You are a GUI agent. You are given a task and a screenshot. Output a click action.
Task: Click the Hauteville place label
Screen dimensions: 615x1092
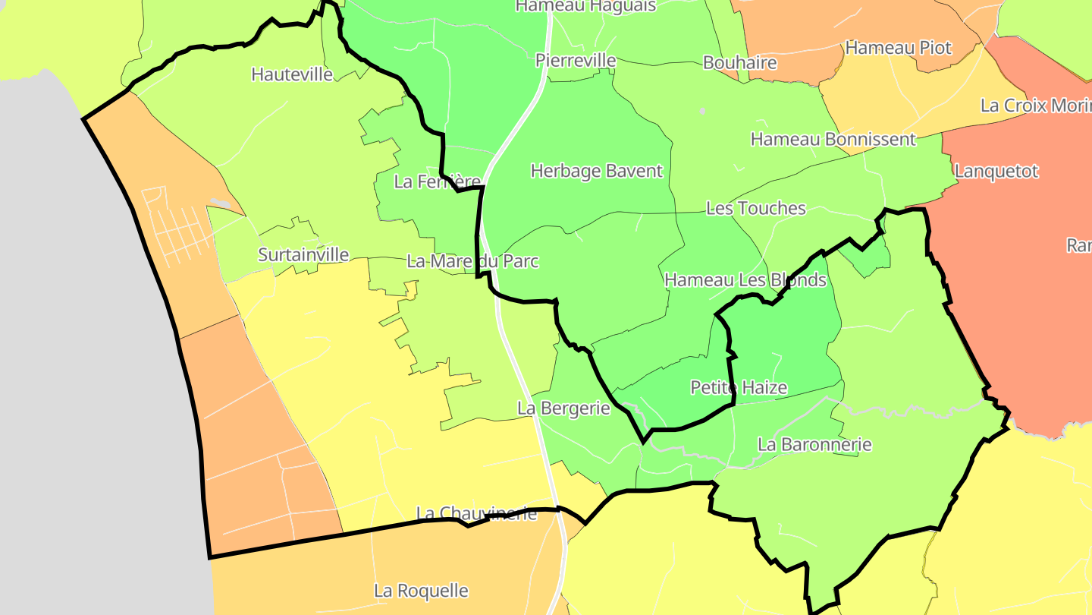coord(292,74)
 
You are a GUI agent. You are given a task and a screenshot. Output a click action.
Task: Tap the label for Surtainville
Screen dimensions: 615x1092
coord(303,254)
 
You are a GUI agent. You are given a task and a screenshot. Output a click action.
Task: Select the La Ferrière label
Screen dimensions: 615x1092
coord(438,182)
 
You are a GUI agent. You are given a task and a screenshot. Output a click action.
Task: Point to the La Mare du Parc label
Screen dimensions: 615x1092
coord(472,262)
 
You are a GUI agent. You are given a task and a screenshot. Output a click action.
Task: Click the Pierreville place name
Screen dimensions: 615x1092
coord(576,61)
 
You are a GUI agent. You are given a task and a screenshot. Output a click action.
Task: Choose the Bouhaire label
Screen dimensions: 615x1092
coord(740,63)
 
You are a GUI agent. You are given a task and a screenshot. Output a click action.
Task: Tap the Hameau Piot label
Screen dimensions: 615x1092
coord(898,48)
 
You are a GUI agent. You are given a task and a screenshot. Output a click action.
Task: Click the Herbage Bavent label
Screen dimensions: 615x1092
coord(597,172)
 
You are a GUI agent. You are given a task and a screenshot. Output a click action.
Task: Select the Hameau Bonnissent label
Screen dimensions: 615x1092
coord(833,140)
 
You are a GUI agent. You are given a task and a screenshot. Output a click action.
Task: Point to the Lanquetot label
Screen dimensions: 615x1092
coord(996,172)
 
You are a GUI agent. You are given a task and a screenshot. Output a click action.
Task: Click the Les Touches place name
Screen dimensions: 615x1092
coord(755,208)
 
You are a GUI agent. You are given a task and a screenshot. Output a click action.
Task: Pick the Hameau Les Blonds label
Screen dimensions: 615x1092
coord(745,280)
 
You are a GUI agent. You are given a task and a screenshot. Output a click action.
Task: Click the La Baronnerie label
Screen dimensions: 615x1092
coord(814,445)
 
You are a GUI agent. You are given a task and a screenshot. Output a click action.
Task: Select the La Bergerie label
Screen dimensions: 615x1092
coord(563,408)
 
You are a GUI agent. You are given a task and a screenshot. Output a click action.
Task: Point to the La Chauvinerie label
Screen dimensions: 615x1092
coord(476,514)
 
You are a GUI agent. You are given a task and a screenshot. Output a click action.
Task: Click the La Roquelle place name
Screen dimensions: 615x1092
coord(421,591)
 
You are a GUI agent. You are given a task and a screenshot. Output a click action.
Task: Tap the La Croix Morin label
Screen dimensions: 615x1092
coord(1036,106)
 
